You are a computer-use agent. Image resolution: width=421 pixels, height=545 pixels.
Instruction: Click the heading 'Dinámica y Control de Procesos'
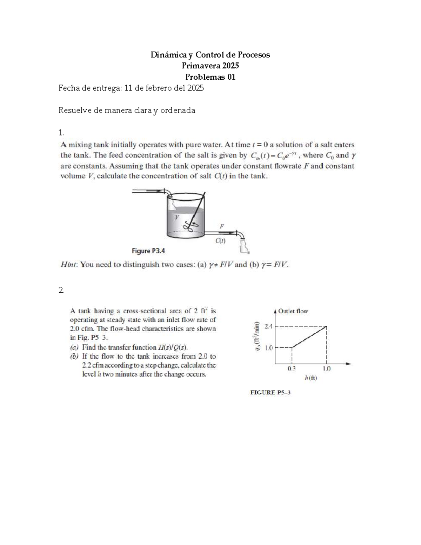(210, 55)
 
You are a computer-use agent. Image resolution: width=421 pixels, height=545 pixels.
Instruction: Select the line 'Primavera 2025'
(210, 66)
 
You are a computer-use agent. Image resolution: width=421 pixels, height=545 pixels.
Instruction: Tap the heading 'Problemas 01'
(210, 77)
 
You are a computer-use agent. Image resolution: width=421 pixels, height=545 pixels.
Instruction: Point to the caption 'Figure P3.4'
(148, 251)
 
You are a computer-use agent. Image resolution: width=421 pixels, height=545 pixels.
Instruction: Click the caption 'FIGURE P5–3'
(270, 393)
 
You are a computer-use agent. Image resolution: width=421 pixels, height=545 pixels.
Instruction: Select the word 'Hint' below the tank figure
(68, 265)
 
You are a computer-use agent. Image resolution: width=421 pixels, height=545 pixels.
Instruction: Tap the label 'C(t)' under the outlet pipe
(220, 241)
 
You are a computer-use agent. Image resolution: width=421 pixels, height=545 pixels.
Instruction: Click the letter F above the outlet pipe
(221, 226)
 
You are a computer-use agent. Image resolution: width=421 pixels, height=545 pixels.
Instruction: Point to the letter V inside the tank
(177, 218)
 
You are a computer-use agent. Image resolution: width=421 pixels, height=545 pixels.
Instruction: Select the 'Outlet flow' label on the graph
(293, 311)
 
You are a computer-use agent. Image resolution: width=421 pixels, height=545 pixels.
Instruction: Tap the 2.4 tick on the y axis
(268, 326)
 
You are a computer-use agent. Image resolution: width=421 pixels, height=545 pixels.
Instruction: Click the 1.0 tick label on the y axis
(268, 348)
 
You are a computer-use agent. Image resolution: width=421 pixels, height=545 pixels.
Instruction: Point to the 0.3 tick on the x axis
(292, 368)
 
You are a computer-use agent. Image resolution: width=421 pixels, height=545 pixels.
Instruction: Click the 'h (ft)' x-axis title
(311, 378)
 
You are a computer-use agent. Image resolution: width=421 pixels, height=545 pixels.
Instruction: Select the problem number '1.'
(61, 132)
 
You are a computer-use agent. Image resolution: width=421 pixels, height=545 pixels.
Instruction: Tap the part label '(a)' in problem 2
(74, 347)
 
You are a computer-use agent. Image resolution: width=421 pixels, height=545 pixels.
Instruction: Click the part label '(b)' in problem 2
(74, 357)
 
